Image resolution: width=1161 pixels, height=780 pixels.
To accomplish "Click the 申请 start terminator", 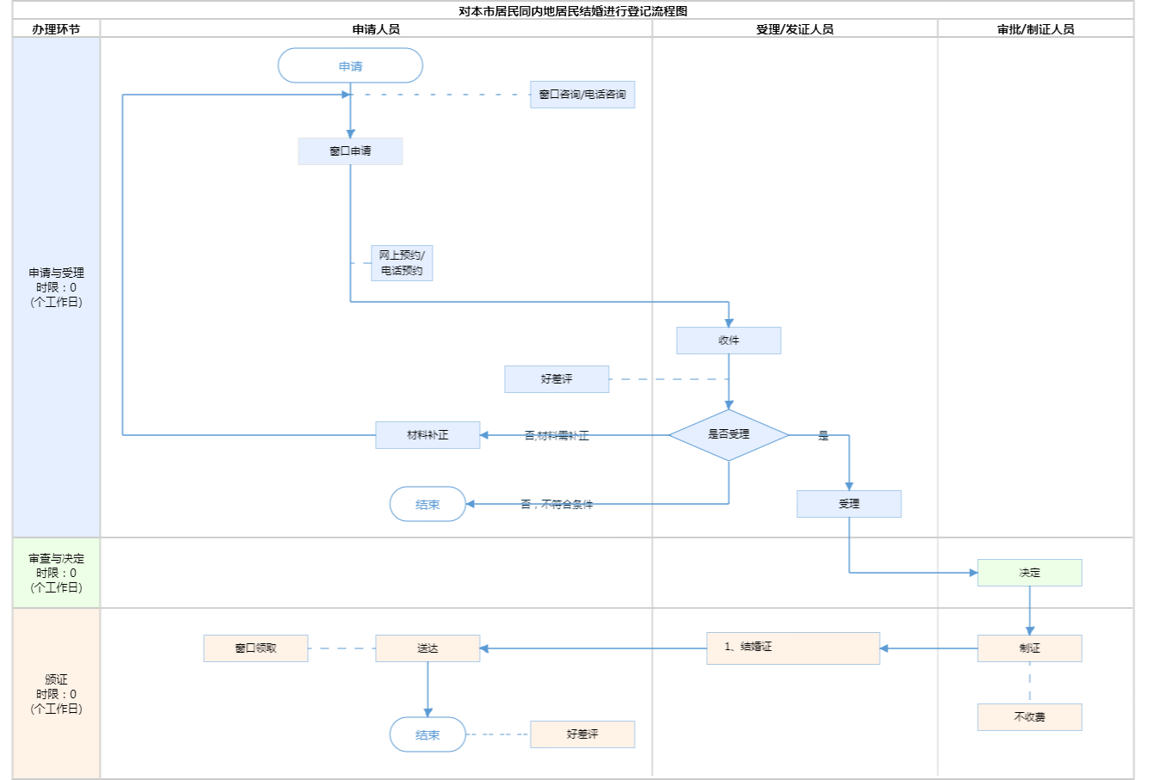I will pyautogui.click(x=350, y=66).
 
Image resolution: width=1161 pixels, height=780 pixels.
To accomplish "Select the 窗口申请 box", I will pyautogui.click(x=350, y=151).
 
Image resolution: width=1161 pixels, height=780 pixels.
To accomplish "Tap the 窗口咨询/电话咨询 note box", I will pyautogui.click(x=582, y=95).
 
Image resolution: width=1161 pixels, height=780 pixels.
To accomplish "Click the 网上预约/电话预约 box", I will pyautogui.click(x=402, y=263).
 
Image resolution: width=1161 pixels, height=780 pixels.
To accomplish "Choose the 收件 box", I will pyautogui.click(x=728, y=341).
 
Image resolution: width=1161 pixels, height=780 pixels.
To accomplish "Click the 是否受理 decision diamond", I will pyautogui.click(x=728, y=435).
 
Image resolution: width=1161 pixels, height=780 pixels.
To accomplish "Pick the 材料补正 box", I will pyautogui.click(x=427, y=435).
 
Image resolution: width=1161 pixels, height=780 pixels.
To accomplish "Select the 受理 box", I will pyautogui.click(x=849, y=504).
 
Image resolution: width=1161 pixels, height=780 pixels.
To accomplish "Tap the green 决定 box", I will pyautogui.click(x=1029, y=573).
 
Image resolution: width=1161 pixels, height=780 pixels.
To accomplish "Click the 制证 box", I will pyautogui.click(x=1029, y=648).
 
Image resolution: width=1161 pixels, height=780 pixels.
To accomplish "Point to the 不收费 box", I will pyautogui.click(x=1029, y=717).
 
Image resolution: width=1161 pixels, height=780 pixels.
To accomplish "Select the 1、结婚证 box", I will pyautogui.click(x=793, y=648).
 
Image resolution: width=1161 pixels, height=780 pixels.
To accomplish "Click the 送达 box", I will pyautogui.click(x=427, y=648).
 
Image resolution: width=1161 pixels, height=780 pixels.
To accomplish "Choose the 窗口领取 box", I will pyautogui.click(x=255, y=648).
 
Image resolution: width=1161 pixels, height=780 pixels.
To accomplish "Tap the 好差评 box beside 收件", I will pyautogui.click(x=556, y=379).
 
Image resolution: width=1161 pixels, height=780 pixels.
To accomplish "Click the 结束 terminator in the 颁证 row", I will pyautogui.click(x=427, y=735).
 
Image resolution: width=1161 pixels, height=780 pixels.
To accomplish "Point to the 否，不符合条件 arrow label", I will pyautogui.click(x=556, y=505).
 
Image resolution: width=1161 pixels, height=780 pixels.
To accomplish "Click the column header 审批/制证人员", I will pyautogui.click(x=1035, y=29).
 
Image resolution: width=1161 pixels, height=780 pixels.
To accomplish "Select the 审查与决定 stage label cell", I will pyautogui.click(x=56, y=574).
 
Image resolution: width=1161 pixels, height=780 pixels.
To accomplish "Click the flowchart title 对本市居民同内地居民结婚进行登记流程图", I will pyautogui.click(x=573, y=11).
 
